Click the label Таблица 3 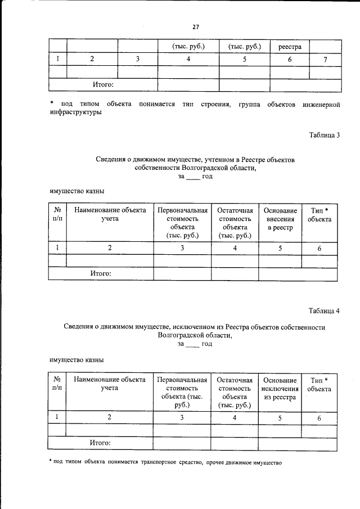(325, 134)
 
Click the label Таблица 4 (325, 310)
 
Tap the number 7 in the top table (325, 60)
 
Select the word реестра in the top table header (290, 47)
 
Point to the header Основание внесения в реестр (280, 219)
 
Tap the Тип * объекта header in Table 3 (319, 214)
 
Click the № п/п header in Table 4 (57, 384)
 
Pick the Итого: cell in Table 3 (101, 273)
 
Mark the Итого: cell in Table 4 (101, 443)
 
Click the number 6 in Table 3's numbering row (319, 248)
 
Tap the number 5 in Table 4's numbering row (280, 418)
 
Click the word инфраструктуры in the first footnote (75, 112)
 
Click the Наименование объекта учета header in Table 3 (110, 214)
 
